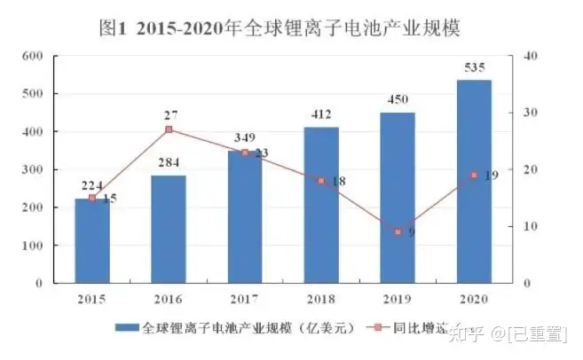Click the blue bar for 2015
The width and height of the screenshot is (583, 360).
point(92,240)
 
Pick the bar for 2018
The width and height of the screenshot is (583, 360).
point(320,205)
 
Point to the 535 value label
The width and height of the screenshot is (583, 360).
point(474,67)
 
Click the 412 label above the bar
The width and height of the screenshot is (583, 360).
point(320,114)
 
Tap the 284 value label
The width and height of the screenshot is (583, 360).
point(169,163)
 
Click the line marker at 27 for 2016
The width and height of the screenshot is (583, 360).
point(169,129)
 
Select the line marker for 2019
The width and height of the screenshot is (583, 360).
point(398,231)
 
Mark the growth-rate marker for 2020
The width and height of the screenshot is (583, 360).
point(474,175)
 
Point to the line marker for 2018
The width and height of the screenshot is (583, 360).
point(321,181)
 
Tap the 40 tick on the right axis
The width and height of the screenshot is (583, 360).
point(532,56)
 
